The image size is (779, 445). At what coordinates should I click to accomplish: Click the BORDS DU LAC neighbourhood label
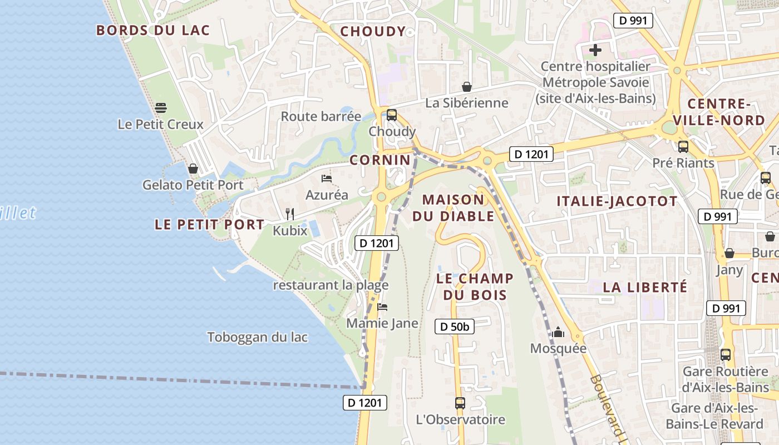[153, 30]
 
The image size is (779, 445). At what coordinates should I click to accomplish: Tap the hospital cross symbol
[595, 51]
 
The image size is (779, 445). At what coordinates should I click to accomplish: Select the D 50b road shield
[455, 327]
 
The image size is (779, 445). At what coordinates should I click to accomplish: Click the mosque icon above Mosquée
[558, 333]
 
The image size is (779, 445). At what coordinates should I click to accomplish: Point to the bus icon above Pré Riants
[683, 147]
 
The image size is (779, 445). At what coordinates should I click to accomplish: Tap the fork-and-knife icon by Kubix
[290, 214]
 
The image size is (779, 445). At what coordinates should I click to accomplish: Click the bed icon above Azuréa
[327, 179]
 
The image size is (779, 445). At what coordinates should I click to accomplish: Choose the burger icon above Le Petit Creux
[161, 107]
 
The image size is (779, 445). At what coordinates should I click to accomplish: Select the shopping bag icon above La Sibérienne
[467, 87]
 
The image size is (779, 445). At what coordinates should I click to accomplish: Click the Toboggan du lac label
[258, 337]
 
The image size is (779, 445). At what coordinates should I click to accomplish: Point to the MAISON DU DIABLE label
[458, 207]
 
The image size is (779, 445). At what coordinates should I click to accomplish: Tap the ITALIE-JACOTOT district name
[617, 201]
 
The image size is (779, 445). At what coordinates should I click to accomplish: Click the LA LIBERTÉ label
[645, 287]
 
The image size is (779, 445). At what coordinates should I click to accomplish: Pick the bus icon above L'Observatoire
[460, 403]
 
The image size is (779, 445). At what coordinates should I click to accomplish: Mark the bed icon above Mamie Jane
[382, 306]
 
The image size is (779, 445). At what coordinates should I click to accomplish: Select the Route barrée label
[321, 116]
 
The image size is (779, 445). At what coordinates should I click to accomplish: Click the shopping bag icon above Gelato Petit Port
[193, 168]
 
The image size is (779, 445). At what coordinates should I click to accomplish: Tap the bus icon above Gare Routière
[726, 355]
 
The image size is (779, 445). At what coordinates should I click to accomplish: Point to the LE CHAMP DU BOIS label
[475, 286]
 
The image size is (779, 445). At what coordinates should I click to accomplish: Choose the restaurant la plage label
[331, 285]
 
